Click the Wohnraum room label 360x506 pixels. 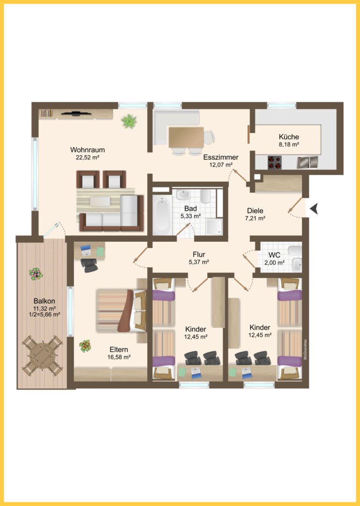(88, 150)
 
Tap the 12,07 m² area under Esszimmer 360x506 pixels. (221, 165)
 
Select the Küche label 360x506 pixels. (289, 136)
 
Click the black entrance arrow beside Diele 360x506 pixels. (314, 208)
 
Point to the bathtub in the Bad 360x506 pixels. (162, 214)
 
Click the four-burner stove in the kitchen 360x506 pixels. (274, 162)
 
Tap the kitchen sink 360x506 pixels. (307, 162)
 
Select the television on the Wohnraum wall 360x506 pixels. (76, 113)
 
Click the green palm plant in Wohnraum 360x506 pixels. (129, 121)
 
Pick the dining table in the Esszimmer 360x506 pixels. (186, 137)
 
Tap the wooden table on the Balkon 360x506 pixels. (42, 356)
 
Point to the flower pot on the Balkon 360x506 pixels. (36, 274)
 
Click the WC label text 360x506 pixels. (274, 255)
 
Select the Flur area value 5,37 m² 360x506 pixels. (199, 262)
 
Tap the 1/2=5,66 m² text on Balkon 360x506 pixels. (44, 314)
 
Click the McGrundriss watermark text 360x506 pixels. (305, 349)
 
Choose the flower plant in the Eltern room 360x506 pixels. (85, 346)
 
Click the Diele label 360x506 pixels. (255, 211)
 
